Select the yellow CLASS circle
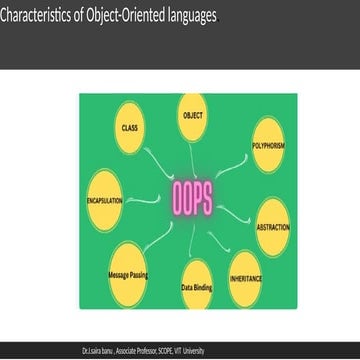(x=128, y=129)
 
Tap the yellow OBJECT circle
(x=192, y=116)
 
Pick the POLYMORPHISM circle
(x=269, y=144)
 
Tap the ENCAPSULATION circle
(x=104, y=201)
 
